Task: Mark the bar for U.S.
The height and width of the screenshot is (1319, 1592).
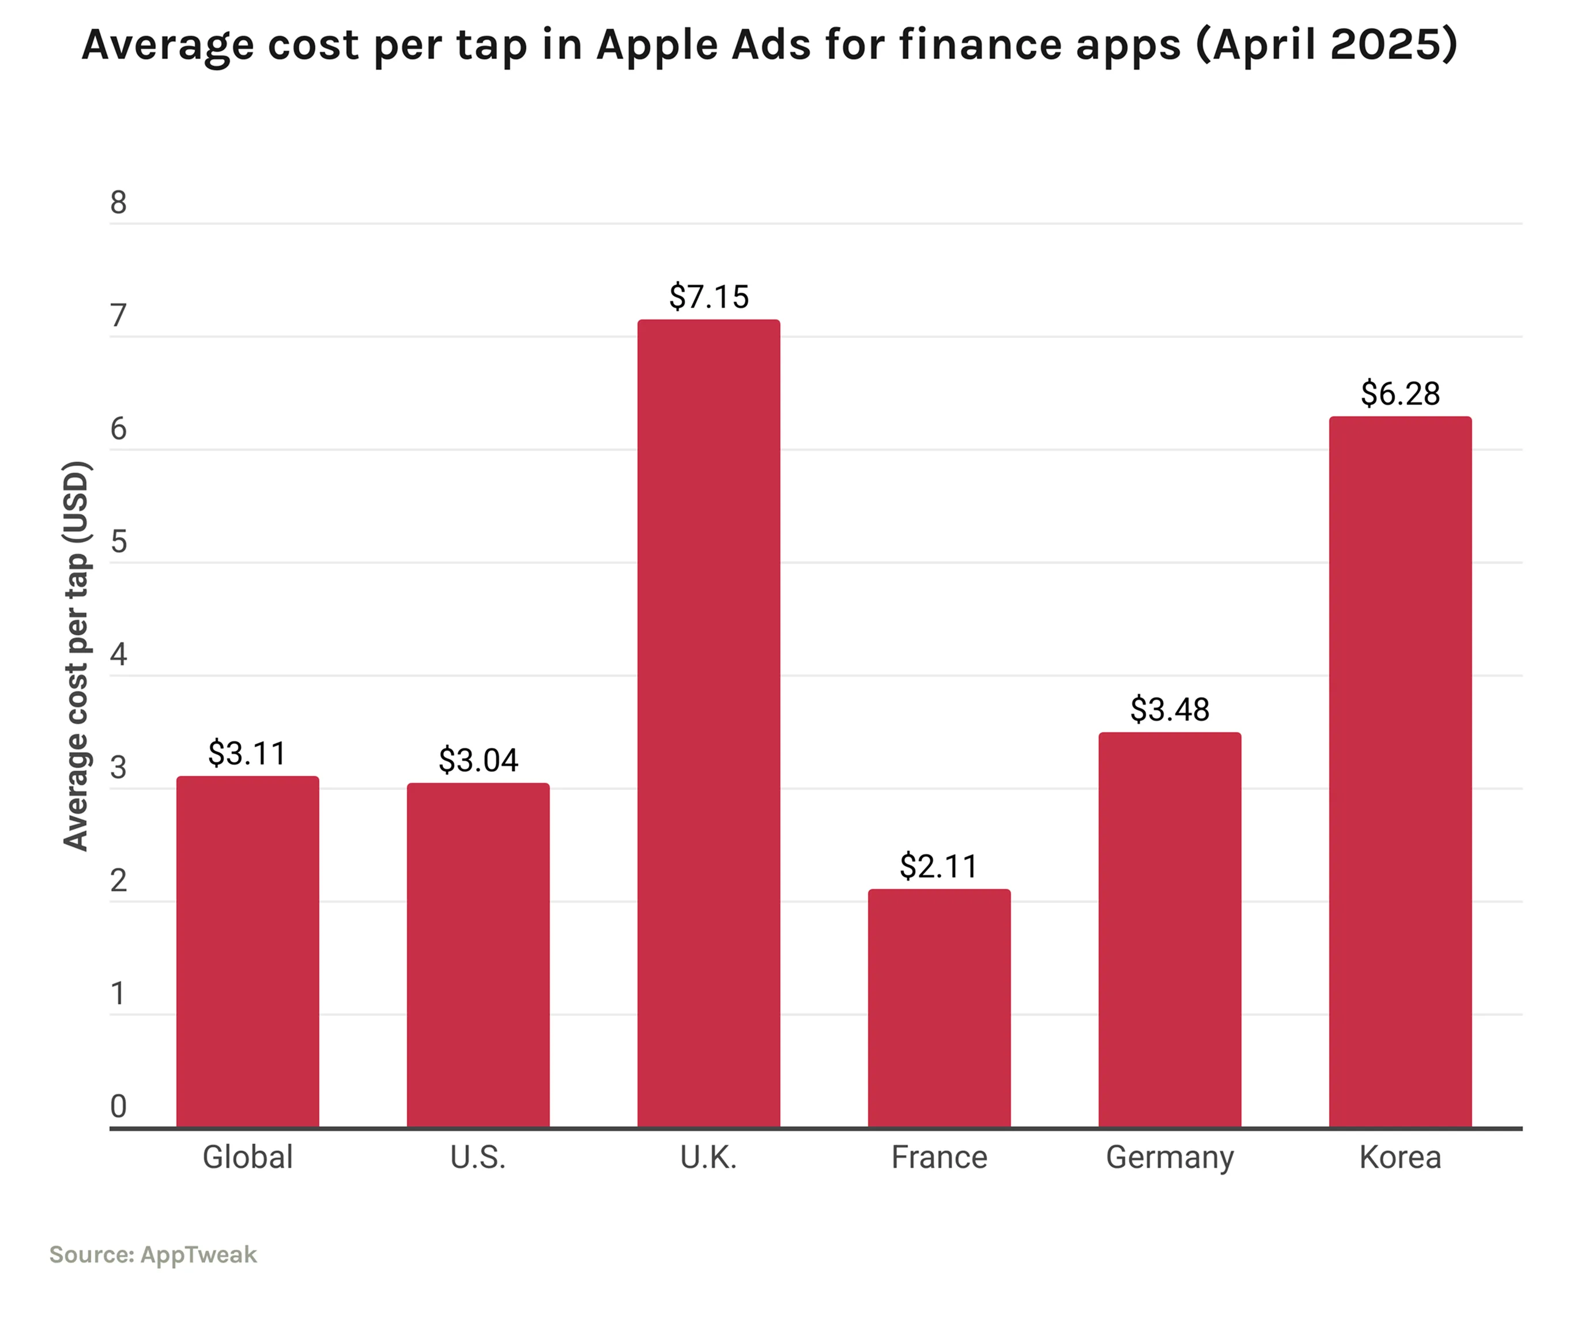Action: point(478,955)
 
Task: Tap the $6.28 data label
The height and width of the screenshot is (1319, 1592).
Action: point(1399,393)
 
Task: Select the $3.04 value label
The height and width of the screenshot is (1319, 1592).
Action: point(478,760)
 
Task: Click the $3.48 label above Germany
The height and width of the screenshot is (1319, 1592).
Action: point(1169,710)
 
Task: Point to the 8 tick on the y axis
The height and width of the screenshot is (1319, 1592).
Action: point(118,202)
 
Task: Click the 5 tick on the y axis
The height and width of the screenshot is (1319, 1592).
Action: point(118,542)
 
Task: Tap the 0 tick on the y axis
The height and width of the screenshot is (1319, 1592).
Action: point(118,1107)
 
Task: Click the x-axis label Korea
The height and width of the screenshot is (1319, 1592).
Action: point(1399,1158)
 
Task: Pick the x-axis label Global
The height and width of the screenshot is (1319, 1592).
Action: point(247,1158)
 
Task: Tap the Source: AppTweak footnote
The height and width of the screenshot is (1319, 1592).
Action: point(153,1254)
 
